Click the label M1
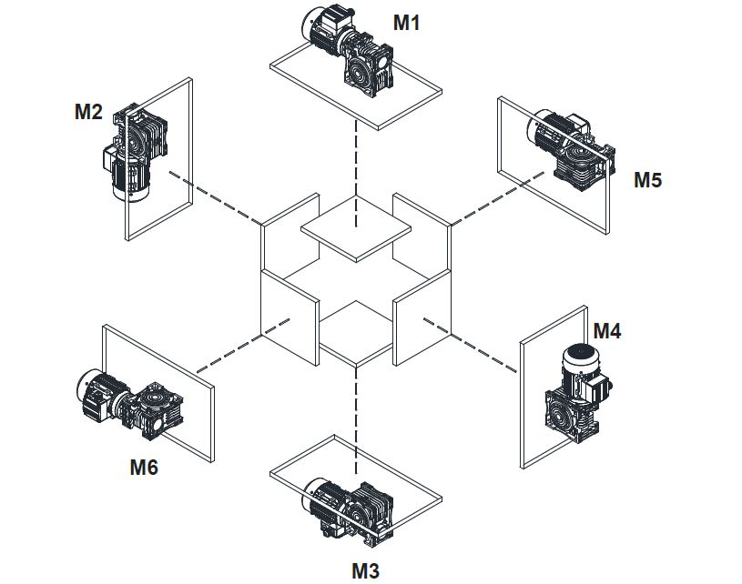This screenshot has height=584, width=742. point(406,22)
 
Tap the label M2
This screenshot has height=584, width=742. point(88,112)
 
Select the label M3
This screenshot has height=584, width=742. point(365,570)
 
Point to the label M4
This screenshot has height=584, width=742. point(607,331)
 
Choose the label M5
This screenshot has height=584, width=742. point(648,179)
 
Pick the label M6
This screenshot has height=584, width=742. point(144,468)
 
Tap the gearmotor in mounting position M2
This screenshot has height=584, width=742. point(135,150)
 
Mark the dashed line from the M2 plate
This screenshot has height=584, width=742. point(214,196)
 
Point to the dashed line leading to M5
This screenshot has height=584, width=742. point(492,204)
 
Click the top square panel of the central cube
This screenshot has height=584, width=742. point(356,228)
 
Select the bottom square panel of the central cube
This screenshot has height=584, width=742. point(356,333)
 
